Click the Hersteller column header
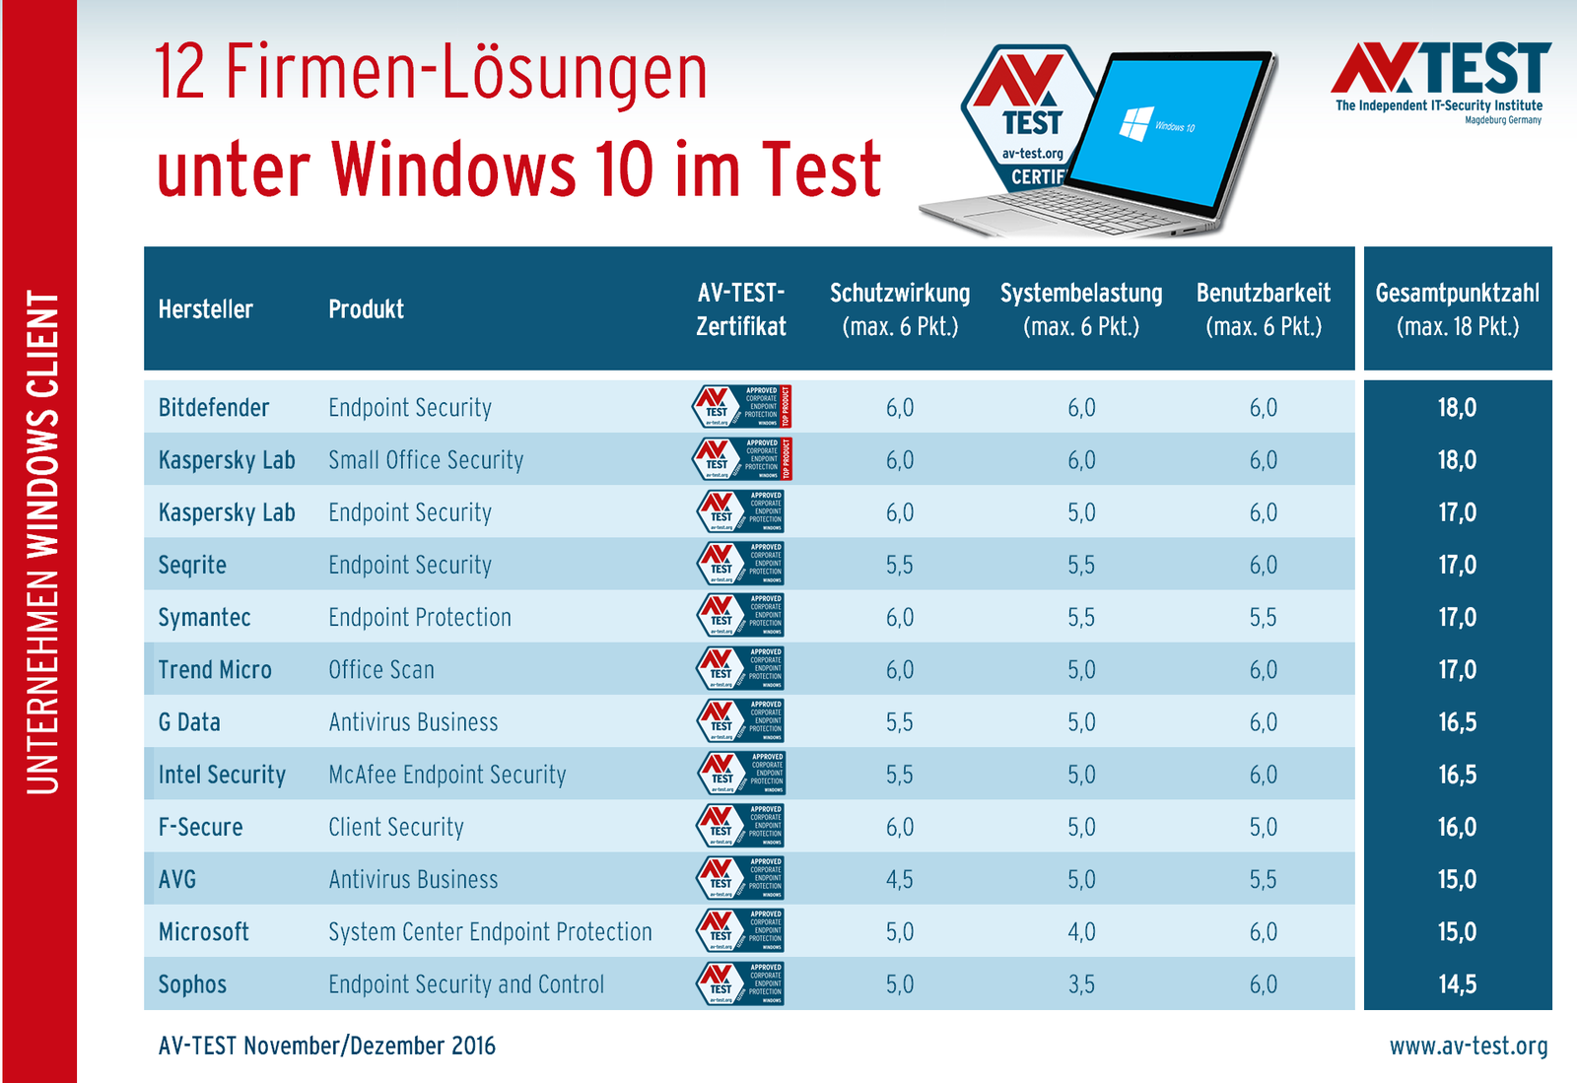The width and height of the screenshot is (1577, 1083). [x=205, y=309]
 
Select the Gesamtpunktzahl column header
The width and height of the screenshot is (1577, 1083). [x=1457, y=309]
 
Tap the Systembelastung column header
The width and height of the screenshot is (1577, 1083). [x=1081, y=309]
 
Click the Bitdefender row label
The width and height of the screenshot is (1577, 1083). [x=214, y=408]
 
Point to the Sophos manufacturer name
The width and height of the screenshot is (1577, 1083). [x=192, y=984]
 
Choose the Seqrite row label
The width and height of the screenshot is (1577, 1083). [x=192, y=566]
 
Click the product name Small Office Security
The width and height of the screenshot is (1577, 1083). [x=426, y=460]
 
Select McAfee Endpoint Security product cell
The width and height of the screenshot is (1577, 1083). [x=447, y=775]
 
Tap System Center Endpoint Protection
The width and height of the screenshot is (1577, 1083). [x=490, y=932]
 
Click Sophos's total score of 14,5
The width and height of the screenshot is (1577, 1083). [x=1457, y=984]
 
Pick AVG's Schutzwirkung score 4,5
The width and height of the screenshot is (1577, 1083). [x=899, y=880]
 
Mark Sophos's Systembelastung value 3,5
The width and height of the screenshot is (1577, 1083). [x=1081, y=984]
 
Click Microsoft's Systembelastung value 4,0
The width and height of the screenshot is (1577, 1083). [x=1081, y=932]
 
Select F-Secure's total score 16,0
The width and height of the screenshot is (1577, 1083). [x=1457, y=828]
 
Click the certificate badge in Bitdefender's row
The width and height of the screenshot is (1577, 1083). [x=741, y=407]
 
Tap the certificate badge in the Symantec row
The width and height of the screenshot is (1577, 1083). [x=741, y=617]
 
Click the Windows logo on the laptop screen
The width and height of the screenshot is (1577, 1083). [x=1135, y=124]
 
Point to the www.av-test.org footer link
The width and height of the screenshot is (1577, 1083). [x=1469, y=1047]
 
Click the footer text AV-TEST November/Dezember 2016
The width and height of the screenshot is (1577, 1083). [x=327, y=1047]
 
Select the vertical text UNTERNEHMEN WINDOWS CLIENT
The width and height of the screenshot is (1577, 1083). [x=42, y=542]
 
